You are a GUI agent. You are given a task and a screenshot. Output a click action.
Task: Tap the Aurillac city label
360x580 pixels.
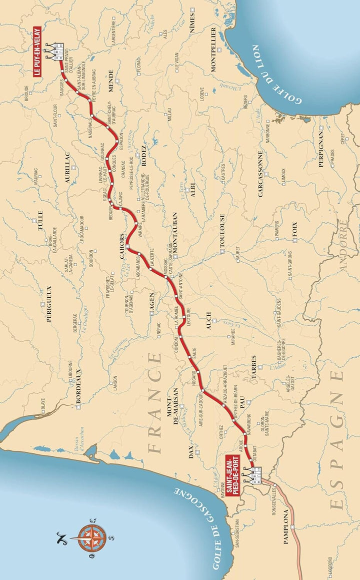tap(69, 171)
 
